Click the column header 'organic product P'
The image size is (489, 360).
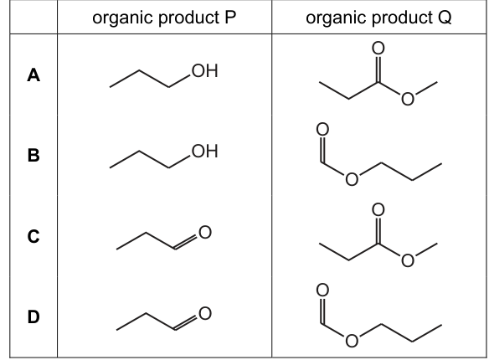(164, 18)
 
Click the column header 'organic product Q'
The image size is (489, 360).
(378, 18)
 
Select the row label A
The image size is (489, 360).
(33, 75)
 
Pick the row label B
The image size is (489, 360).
(33, 155)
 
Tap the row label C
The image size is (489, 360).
(33, 236)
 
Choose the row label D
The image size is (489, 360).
(33, 316)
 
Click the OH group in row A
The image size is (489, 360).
(205, 71)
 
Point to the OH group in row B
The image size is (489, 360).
(205, 152)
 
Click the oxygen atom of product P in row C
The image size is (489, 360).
(205, 232)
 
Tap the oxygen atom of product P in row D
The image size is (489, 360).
(205, 313)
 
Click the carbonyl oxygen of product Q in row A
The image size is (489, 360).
(378, 48)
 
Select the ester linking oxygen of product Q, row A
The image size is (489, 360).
(407, 99)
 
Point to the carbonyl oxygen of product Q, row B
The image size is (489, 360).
(322, 129)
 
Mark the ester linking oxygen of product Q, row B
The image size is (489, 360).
(352, 179)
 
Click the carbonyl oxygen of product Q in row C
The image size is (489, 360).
(378, 209)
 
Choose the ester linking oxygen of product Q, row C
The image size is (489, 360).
(407, 260)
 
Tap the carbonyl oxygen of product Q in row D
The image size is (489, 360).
(322, 291)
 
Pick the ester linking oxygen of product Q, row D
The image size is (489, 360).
(352, 341)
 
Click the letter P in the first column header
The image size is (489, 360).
(230, 18)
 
